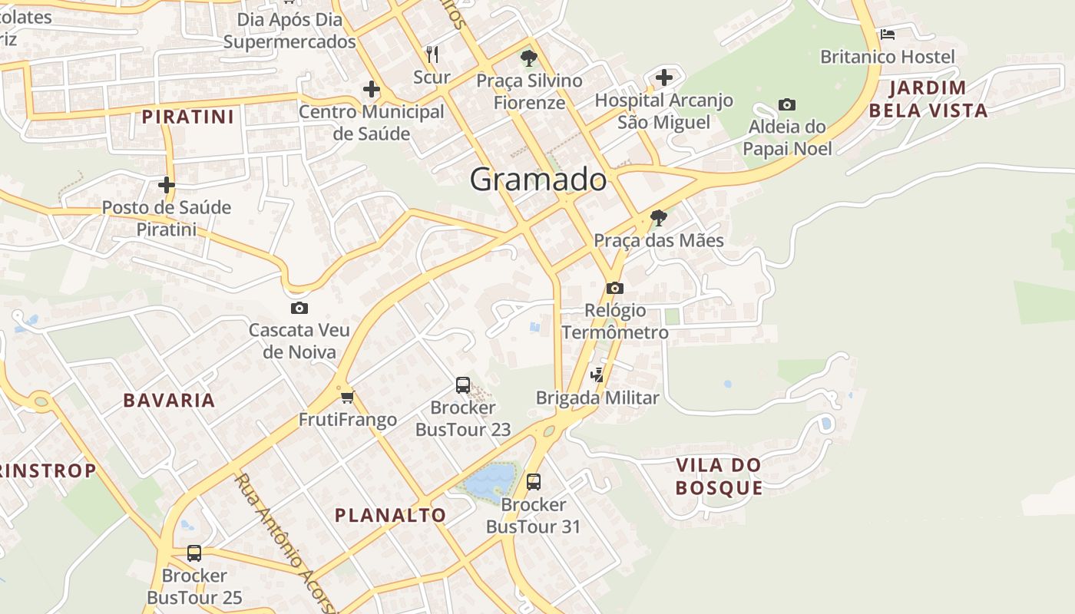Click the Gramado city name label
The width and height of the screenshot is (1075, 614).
[537, 180]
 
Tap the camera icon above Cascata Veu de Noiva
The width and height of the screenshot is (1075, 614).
[299, 308]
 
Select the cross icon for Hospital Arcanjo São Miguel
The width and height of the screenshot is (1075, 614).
[664, 77]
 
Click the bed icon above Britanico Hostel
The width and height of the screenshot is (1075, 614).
[888, 34]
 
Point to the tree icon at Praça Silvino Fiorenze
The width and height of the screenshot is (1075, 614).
[528, 57]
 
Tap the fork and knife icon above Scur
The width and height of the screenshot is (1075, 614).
[432, 54]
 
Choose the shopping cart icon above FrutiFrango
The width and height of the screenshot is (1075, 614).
[348, 397]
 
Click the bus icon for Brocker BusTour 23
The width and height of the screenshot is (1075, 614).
[462, 385]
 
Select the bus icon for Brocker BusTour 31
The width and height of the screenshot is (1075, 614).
[533, 482]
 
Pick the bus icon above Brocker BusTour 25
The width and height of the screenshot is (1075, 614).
[194, 553]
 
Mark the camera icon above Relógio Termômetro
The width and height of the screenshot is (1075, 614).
[614, 288]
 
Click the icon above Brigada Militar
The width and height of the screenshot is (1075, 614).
[597, 375]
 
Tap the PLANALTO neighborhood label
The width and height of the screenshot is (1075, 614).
[390, 515]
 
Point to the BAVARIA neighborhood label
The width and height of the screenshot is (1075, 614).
[169, 400]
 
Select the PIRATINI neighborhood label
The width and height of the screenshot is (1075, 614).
[188, 117]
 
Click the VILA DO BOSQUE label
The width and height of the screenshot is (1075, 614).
[719, 476]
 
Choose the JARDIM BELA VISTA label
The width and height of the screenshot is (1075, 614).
[928, 99]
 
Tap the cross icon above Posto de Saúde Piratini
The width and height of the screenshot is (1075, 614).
[167, 185]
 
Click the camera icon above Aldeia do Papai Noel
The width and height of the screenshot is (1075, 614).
[786, 104]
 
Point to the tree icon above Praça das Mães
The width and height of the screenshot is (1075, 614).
[658, 218]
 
